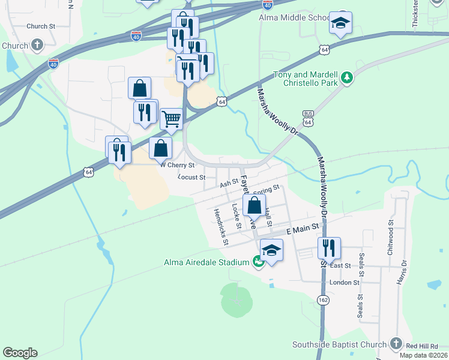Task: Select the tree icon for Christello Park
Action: click(346, 77)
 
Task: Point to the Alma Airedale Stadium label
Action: click(206, 262)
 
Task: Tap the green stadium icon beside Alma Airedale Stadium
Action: click(258, 262)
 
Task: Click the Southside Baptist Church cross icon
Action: click(396, 344)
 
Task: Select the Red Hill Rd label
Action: click(426, 346)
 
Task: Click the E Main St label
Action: click(301, 230)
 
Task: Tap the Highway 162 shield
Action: click(323, 300)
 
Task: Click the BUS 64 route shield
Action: click(309, 118)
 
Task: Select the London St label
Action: click(344, 282)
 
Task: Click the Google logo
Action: click(20, 353)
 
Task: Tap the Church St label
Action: click(41, 26)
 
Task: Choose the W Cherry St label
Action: click(177, 165)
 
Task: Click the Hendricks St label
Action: click(221, 227)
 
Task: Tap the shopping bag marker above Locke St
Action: click(255, 206)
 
